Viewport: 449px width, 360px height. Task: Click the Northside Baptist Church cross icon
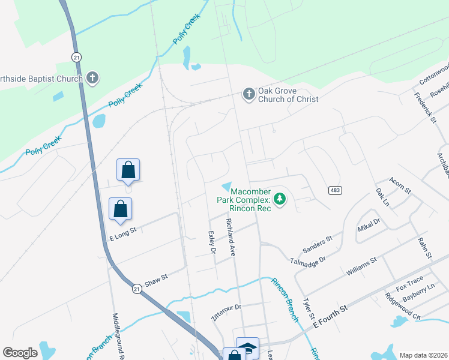point(92,77)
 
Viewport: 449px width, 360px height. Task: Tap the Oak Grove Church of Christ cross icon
point(249,94)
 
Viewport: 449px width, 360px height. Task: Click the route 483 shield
point(336,190)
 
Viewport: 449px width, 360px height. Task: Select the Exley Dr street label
point(211,242)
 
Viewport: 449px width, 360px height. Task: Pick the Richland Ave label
point(230,238)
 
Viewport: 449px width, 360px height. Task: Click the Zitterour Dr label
point(226,312)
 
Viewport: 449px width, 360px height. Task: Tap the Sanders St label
point(318,244)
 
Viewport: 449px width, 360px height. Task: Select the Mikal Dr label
point(369,226)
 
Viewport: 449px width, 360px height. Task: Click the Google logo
point(20,353)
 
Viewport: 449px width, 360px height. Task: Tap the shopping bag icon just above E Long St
point(121,209)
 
